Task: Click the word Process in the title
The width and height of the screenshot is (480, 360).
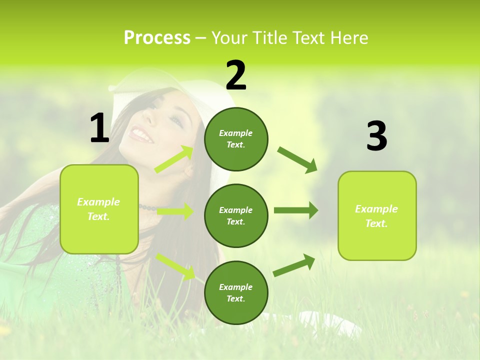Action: coord(157,37)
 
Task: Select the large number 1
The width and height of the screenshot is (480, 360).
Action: coord(99,128)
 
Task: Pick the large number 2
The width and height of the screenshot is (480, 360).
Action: coord(236,75)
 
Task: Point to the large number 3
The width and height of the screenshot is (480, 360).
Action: coord(376,136)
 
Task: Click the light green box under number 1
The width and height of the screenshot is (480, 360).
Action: coord(99,209)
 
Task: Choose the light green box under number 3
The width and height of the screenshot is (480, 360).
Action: coord(377,215)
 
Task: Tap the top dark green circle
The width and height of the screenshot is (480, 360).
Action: coord(236,139)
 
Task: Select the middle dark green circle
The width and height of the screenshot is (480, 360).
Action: coord(236,215)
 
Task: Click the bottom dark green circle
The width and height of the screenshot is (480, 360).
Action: coord(236,292)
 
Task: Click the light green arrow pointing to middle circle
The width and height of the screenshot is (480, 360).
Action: coord(175,211)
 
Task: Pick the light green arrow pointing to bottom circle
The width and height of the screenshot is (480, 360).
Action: coord(175,266)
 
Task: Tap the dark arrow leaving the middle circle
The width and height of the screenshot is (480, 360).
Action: coord(295,210)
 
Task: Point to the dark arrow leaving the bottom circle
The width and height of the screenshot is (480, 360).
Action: coord(294,265)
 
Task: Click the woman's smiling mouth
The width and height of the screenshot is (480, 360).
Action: coord(142,135)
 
